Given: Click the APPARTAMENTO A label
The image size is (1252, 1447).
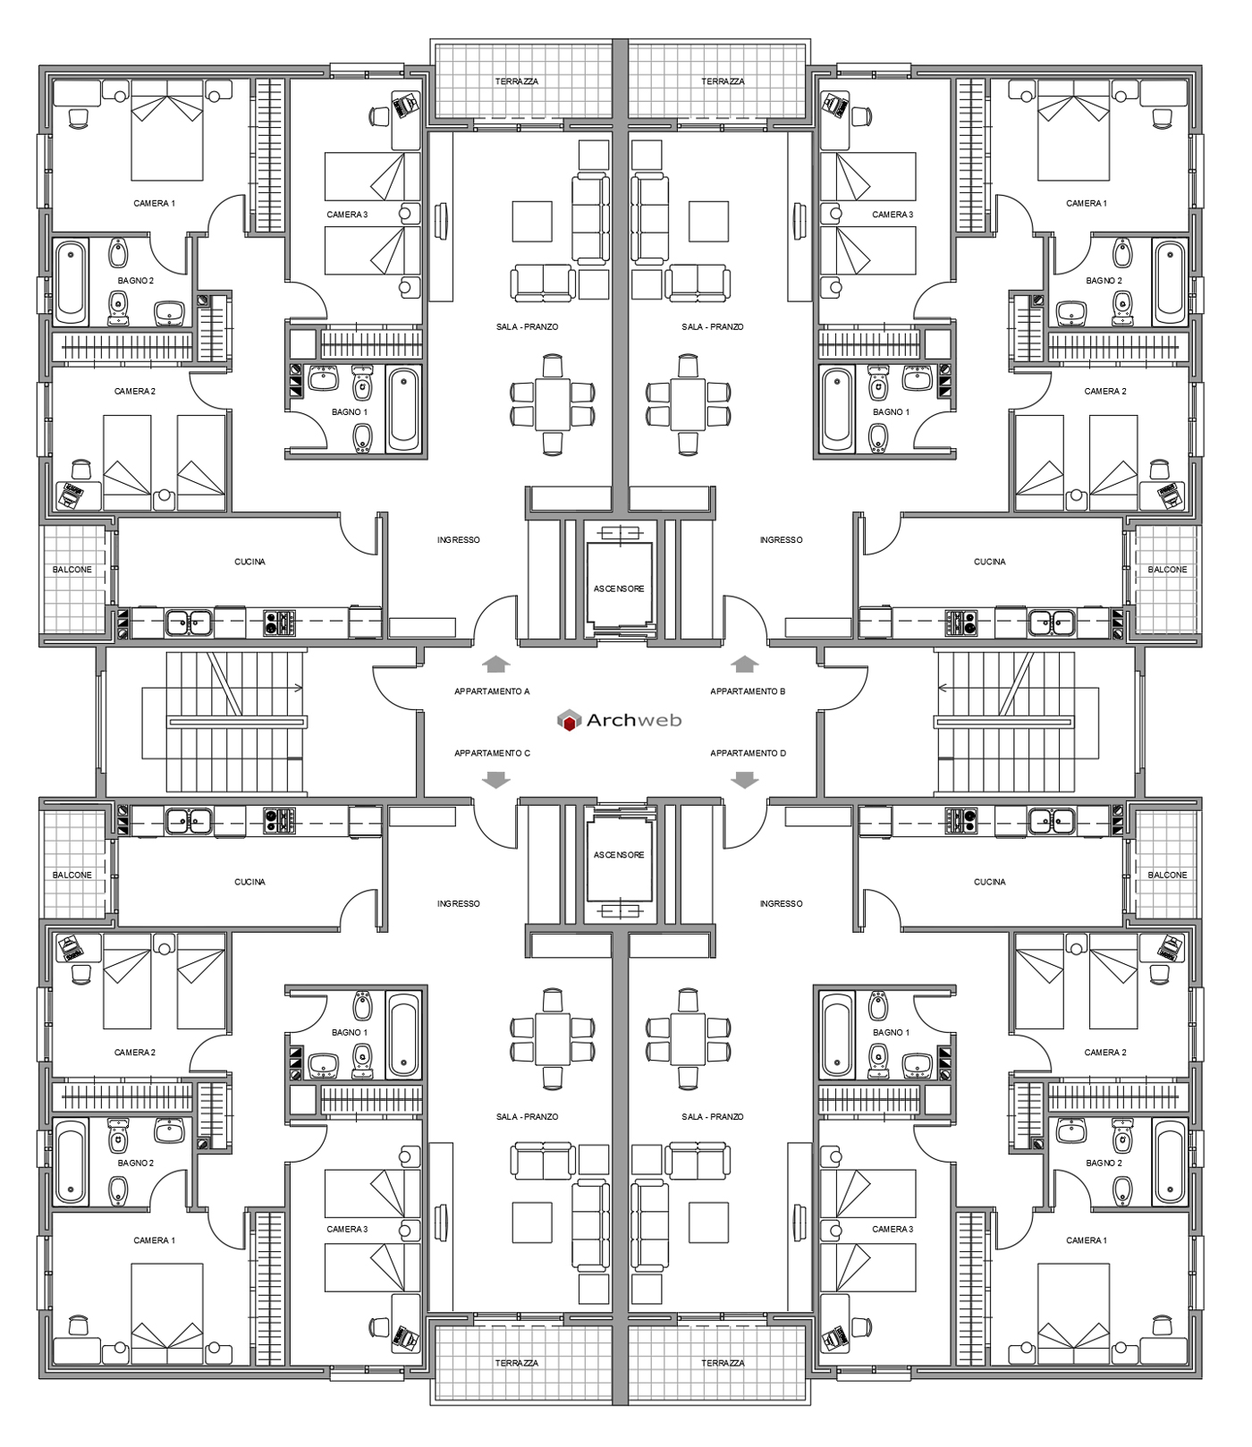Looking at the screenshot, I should coord(492,691).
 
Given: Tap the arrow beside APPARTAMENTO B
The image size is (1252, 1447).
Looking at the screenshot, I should coord(744,664).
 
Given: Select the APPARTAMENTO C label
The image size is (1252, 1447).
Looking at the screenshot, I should coord(492,753).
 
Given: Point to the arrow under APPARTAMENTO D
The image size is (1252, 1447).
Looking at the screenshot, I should coord(744,781).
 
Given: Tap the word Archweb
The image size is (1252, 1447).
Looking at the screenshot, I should coord(634,720).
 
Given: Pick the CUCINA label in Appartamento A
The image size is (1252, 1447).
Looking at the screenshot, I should coord(250,562).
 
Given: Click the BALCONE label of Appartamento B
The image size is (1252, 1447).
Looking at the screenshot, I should coord(1167,570).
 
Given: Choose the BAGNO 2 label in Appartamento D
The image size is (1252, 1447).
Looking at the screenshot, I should coord(1104,1163).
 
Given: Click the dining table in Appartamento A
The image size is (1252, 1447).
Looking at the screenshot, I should coord(553,393).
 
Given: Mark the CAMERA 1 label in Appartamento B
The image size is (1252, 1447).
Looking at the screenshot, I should coord(1086,203).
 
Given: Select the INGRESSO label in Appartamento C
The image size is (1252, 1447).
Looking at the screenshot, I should coord(458,903).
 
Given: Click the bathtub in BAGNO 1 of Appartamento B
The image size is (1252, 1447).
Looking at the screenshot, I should coord(838,410).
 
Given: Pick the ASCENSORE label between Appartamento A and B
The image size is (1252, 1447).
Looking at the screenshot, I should coord(619,588).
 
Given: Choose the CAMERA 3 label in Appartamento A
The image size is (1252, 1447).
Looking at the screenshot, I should coord(347,215).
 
